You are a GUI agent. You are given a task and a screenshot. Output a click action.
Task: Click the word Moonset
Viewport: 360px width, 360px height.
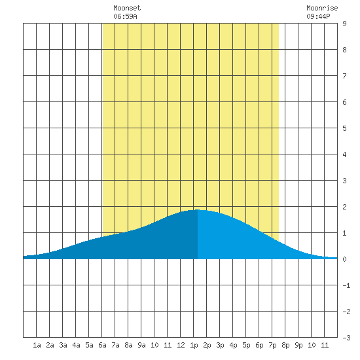(x=127, y=8)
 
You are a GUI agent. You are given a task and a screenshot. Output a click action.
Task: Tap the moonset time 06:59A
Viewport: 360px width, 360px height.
(x=125, y=16)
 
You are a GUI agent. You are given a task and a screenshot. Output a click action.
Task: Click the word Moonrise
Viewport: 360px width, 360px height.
(x=322, y=8)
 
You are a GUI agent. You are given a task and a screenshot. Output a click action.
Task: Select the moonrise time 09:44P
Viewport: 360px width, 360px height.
(x=318, y=16)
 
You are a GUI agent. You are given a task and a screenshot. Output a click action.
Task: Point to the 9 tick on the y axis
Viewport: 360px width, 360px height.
(x=344, y=24)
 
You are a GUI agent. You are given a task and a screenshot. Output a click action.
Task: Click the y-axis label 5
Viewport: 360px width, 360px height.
(x=344, y=128)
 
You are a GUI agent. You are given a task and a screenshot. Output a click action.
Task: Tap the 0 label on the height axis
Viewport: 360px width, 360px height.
(x=344, y=259)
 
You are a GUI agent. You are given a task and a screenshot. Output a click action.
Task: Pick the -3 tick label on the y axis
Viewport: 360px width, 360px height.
(x=346, y=338)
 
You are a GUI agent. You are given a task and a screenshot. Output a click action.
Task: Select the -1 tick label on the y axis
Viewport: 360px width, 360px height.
(x=346, y=285)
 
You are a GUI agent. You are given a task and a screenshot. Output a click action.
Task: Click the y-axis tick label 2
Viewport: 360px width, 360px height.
(x=344, y=207)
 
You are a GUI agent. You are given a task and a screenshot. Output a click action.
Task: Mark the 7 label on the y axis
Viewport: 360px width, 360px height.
(x=344, y=76)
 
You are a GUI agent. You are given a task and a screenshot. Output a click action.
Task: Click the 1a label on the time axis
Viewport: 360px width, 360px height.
(x=37, y=345)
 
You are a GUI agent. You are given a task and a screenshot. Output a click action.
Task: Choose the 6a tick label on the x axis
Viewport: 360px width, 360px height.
(x=102, y=345)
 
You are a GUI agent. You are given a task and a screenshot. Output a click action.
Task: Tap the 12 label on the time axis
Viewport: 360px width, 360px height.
(x=181, y=345)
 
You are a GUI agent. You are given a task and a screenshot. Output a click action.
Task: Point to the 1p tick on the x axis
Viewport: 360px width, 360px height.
(x=194, y=345)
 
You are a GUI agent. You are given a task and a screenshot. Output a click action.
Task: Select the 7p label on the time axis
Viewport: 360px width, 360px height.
(x=272, y=345)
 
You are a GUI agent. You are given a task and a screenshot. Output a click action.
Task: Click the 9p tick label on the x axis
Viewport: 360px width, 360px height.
(x=298, y=345)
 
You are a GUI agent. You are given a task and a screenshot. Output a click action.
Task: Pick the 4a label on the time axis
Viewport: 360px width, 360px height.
(x=76, y=345)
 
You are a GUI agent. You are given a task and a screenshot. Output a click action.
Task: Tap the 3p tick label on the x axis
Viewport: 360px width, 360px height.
(x=220, y=345)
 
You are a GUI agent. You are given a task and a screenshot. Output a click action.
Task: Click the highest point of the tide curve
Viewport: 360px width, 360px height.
(x=198, y=209)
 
